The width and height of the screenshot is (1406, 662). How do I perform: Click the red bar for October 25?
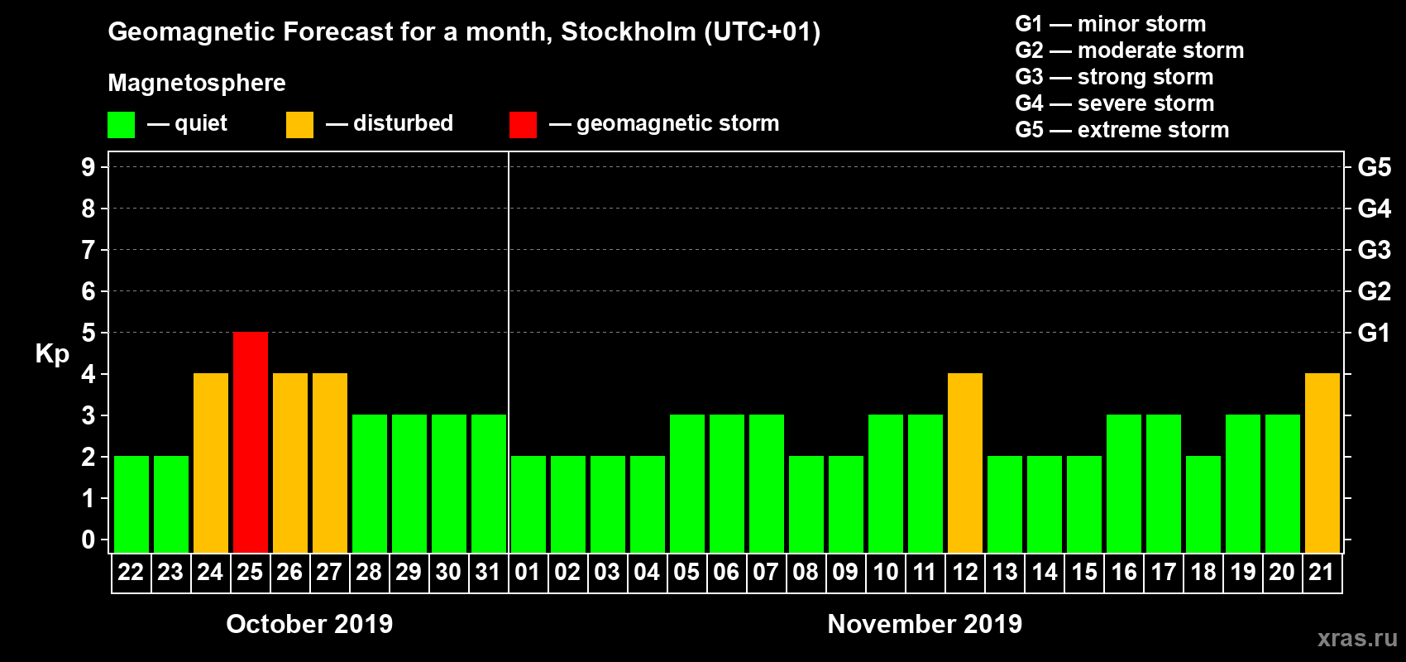(251, 442)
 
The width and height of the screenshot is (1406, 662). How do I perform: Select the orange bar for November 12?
(965, 463)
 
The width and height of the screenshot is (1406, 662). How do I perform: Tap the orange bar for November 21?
(1322, 463)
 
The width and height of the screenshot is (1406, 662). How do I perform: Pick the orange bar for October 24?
(211, 463)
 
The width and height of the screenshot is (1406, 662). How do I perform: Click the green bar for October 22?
(132, 504)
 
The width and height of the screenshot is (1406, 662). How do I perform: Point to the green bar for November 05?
(687, 483)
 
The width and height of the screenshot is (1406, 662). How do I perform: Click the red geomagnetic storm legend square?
(523, 125)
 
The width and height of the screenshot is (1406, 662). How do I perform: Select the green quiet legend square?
(121, 125)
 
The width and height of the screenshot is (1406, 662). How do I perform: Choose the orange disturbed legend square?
(299, 125)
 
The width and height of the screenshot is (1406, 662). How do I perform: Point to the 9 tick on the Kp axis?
(88, 167)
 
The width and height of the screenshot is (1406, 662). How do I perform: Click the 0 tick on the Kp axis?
(88, 540)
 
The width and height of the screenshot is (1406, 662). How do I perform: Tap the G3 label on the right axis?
(1374, 250)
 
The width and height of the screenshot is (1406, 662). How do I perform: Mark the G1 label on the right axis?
(1374, 333)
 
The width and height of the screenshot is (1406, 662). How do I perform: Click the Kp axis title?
(52, 354)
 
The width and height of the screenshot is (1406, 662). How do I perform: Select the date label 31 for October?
(488, 573)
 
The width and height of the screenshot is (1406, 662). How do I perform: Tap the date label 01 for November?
(528, 573)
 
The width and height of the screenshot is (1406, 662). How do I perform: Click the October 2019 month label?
(309, 624)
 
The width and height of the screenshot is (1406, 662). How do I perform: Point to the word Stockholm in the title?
(629, 32)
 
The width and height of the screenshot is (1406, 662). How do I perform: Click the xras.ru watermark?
(1357, 638)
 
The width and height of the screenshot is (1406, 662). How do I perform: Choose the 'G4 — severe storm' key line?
(1115, 103)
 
